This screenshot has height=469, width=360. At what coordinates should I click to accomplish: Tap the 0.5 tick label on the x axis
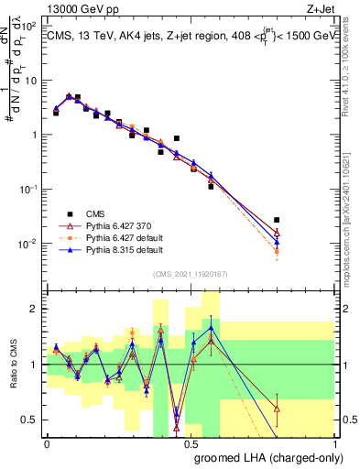point(191,442)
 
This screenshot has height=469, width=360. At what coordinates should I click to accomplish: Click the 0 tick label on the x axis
point(48,442)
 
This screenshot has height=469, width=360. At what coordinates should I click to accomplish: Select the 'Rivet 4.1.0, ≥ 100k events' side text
point(349,64)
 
